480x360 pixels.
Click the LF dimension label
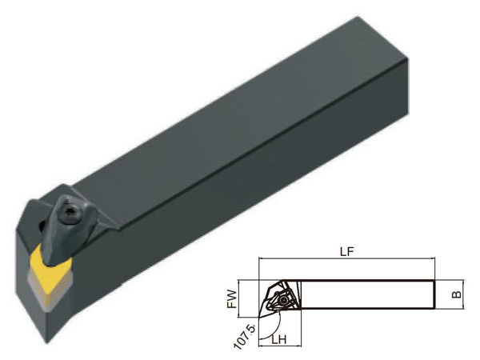tap(347, 252)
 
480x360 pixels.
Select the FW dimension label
tap(233, 298)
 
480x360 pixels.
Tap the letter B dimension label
tap(457, 294)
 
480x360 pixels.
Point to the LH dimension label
tap(279, 339)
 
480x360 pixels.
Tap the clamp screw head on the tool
tap(73, 211)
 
